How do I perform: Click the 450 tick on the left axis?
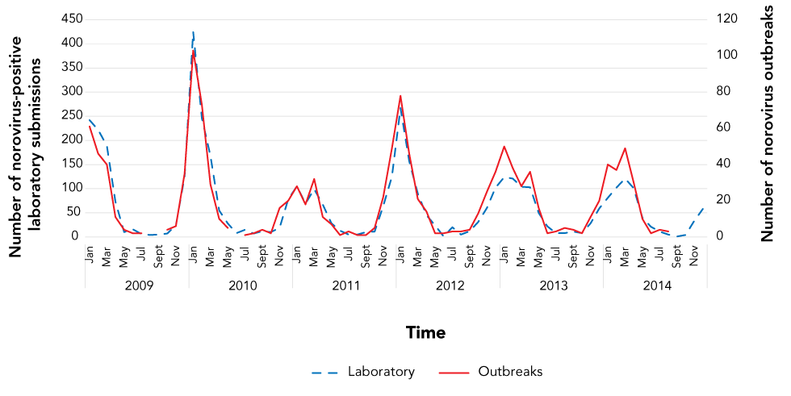(x=72, y=19)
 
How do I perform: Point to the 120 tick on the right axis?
(x=724, y=19)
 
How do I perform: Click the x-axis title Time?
(x=425, y=332)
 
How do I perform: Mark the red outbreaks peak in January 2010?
(x=194, y=51)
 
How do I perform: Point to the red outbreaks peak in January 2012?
(x=400, y=95)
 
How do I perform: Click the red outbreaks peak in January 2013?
(x=504, y=146)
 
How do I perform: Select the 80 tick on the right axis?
(x=722, y=91)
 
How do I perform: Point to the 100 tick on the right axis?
(x=724, y=55)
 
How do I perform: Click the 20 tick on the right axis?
(x=722, y=200)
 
